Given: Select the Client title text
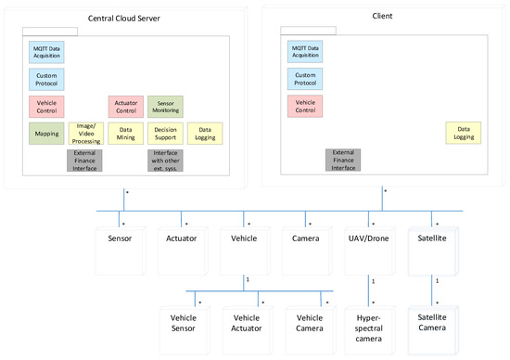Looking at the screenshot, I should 381,16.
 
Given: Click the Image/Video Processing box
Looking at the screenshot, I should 84,134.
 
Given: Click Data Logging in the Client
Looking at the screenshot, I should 463,134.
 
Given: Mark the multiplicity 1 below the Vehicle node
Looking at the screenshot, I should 248,279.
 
